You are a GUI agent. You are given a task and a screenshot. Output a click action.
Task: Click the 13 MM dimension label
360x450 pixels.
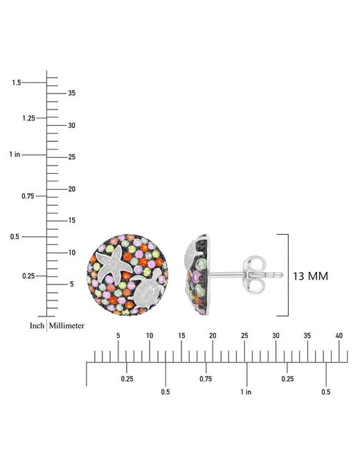pyautogui.click(x=310, y=276)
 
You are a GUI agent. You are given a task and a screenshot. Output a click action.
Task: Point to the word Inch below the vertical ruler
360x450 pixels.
pyautogui.click(x=37, y=326)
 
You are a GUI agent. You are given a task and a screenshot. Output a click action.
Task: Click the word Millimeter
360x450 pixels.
pyautogui.click(x=66, y=326)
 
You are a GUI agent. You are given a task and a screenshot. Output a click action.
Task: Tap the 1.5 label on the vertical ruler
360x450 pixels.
pyautogui.click(x=17, y=82)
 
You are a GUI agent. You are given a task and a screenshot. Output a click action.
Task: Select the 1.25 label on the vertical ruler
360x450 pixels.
pyautogui.click(x=28, y=118)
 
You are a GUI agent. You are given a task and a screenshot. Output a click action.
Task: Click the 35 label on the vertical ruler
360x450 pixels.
pyautogui.click(x=72, y=93)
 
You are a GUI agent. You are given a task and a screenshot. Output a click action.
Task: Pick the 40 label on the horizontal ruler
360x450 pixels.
pyautogui.click(x=339, y=335)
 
